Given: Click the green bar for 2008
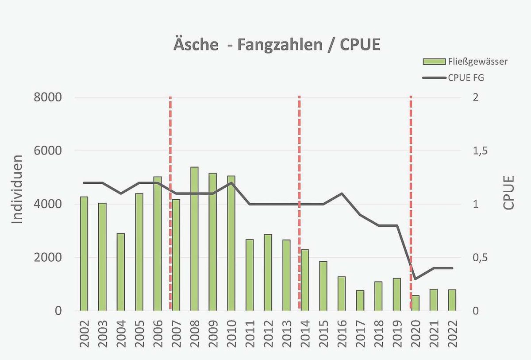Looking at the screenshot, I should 194,239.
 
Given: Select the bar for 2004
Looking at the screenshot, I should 120,272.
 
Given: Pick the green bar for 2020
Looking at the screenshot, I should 416,303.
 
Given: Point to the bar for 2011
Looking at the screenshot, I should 250,275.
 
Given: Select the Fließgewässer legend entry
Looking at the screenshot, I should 465,61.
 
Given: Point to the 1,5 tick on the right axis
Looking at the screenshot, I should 480,151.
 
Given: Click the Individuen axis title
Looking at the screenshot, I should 16,189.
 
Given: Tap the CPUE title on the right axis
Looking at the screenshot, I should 509,193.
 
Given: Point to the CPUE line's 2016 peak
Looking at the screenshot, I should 342,194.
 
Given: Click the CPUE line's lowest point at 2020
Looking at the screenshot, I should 416,279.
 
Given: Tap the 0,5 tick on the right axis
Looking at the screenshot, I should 480,258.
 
